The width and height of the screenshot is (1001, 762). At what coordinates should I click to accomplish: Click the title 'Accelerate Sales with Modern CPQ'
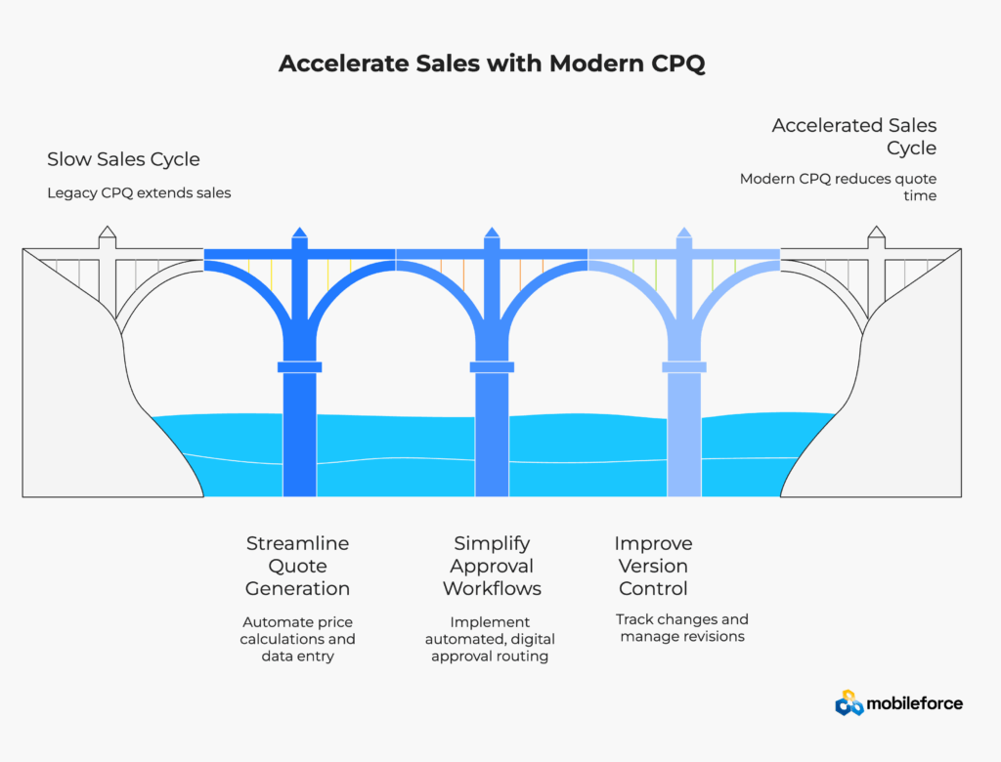tap(492, 63)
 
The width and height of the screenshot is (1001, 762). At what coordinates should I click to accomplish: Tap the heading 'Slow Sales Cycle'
tap(123, 159)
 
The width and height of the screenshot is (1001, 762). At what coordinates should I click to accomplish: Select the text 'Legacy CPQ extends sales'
tap(139, 192)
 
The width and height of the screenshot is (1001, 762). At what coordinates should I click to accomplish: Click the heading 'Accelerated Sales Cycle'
tap(853, 137)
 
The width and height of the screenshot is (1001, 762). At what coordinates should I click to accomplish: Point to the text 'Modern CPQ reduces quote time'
tap(838, 187)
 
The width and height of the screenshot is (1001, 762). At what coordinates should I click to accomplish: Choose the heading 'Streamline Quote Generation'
tap(297, 566)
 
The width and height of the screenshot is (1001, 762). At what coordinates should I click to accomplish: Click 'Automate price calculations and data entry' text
tap(297, 639)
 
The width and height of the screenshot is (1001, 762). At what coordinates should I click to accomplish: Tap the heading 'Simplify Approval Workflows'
tap(492, 566)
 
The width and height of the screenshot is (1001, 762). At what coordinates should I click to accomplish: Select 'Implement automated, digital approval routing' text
tap(492, 639)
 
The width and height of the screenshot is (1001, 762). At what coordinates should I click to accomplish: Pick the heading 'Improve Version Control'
tap(652, 566)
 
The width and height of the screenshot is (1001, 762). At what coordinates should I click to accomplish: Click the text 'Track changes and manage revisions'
tap(681, 627)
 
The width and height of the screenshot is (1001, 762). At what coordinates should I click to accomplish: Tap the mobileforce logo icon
tap(849, 702)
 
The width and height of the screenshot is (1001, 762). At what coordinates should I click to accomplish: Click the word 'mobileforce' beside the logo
tap(914, 703)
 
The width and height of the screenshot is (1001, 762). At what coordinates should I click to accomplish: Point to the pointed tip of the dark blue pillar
tap(299, 232)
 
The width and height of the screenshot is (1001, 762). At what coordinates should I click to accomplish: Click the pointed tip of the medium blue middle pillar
tap(492, 232)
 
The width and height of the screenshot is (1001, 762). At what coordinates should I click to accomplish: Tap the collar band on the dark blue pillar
tap(299, 367)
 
